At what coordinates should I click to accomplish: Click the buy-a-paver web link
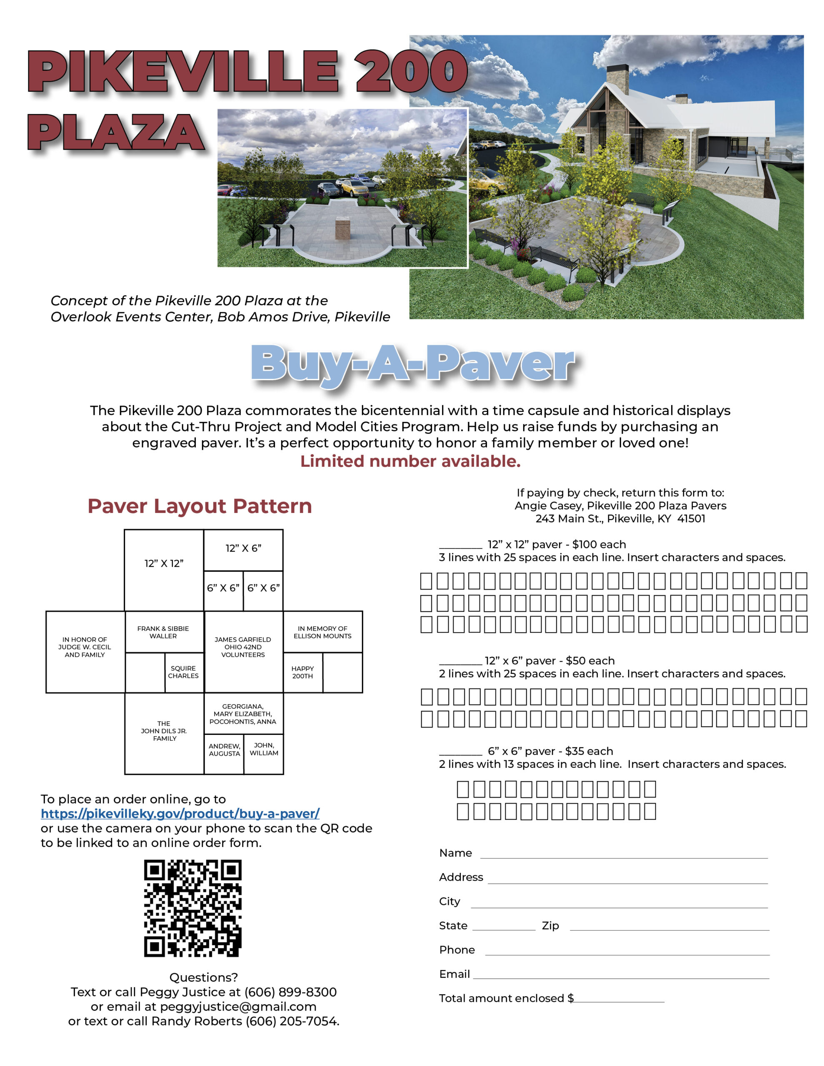pos(180,814)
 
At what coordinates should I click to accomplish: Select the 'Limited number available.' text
pos(410,461)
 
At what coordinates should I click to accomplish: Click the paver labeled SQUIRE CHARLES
pos(184,672)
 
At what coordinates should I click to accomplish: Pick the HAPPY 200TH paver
pos(303,672)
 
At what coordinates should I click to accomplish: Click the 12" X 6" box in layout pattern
pos(243,549)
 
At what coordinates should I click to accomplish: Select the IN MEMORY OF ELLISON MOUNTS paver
pos(322,632)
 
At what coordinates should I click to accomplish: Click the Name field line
pos(624,854)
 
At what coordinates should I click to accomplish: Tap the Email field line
pos(620,976)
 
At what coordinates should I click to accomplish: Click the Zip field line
pos(669,928)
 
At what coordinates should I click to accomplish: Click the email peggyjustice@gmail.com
pos(238,1006)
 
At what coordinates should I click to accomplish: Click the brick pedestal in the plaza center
pos(343,229)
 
